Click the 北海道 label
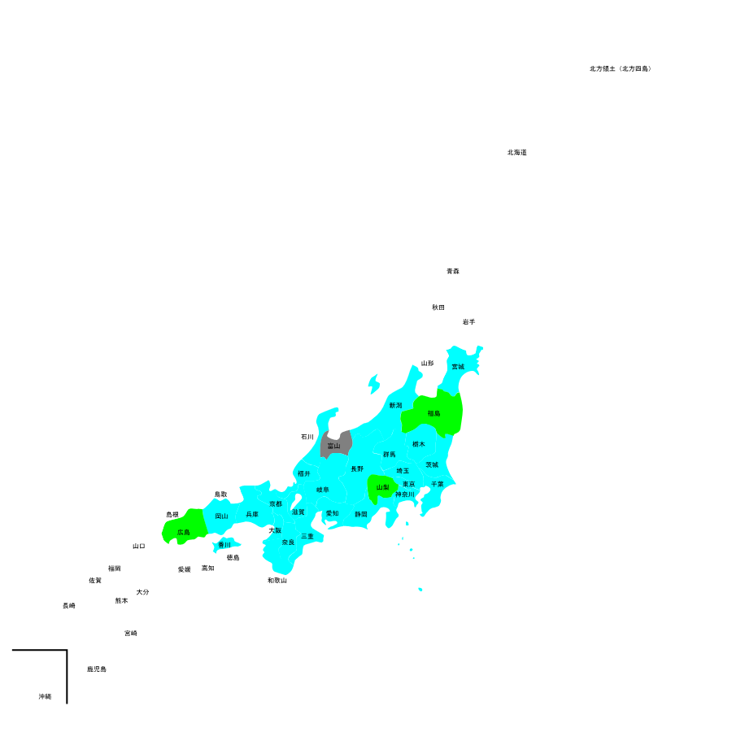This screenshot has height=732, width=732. point(517,152)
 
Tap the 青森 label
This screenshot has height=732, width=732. point(453,271)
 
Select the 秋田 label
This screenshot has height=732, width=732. point(438,307)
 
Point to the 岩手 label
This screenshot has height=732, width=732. point(468,322)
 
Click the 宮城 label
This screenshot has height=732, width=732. point(458,367)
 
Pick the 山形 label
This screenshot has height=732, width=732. point(427,363)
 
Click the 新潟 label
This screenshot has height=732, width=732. point(395,405)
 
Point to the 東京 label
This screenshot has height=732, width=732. point(408,484)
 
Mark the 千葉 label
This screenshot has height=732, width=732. point(438,484)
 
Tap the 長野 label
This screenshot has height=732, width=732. point(357,468)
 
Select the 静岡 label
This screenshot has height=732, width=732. point(361,514)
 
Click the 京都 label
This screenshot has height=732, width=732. point(276,503)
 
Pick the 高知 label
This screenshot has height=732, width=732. point(208,569)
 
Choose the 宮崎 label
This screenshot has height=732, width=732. point(131,633)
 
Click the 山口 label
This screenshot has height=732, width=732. point(139,546)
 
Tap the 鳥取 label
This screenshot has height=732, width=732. point(221,494)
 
